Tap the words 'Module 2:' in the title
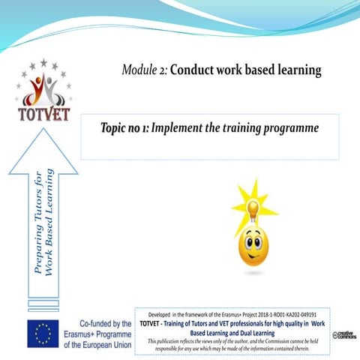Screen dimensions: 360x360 144,70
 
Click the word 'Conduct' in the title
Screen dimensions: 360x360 193,70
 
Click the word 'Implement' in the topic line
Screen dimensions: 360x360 178,128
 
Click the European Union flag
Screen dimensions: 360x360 43,333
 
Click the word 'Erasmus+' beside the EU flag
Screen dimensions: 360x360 83,333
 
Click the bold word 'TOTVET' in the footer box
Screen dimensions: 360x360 154,324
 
